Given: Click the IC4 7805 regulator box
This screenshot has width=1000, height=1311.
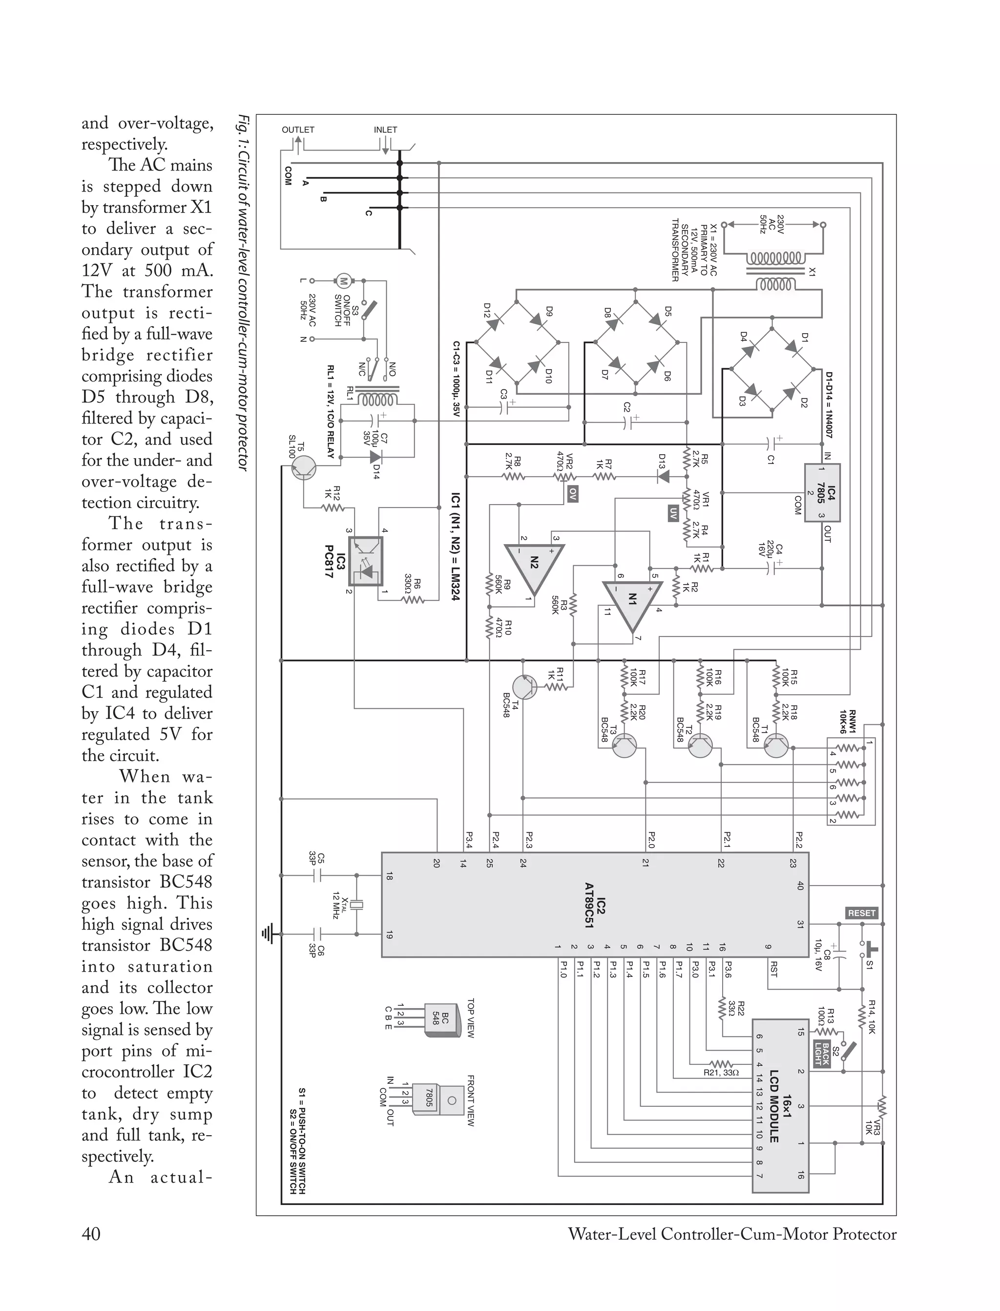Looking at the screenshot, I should click(822, 493).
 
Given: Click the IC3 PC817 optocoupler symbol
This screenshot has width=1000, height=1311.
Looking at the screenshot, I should click(365, 561).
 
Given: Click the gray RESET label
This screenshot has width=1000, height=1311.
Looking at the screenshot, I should click(861, 913).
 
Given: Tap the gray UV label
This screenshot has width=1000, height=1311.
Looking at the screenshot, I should click(673, 513).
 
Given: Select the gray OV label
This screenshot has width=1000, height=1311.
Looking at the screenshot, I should click(573, 493).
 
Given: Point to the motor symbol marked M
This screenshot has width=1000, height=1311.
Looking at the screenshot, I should click(343, 280).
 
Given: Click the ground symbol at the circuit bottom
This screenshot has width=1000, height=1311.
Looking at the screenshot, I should click(268, 934).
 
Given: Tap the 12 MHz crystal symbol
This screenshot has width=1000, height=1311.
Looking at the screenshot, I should click(356, 906).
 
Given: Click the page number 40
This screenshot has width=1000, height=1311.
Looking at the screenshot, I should click(91, 1234).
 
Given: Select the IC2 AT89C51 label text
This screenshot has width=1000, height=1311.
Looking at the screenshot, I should click(595, 905).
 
